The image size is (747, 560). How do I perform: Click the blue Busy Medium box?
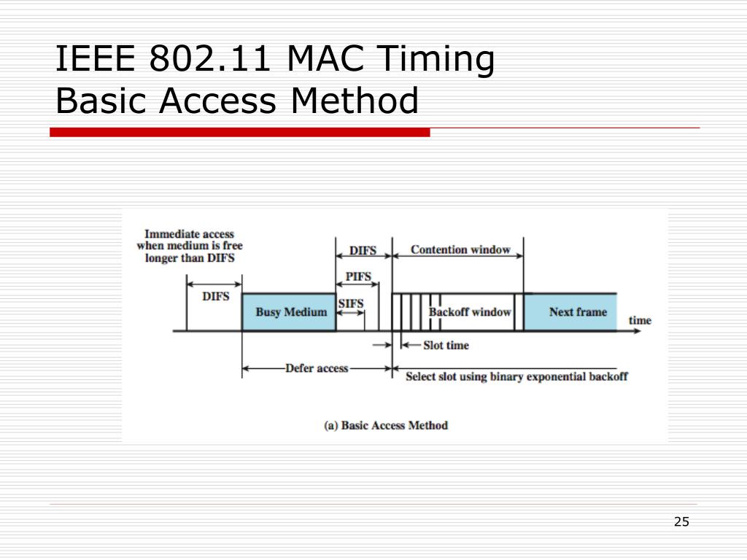pos(289,312)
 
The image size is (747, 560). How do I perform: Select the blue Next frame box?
pos(570,312)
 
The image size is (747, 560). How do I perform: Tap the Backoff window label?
pos(471,312)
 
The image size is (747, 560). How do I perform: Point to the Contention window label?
pos(460,249)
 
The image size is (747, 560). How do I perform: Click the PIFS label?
pos(357,276)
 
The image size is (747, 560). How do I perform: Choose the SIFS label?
pos(351,303)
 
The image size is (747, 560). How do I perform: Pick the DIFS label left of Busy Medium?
pos(215,296)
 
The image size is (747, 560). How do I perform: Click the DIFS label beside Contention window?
pos(363,250)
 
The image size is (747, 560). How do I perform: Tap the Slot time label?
pos(446,345)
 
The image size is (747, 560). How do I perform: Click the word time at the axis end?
pos(640,320)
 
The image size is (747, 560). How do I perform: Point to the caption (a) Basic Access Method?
pos(386,424)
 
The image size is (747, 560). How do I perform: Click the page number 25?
pos(681,521)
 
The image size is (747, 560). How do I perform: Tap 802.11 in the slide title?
pos(212,61)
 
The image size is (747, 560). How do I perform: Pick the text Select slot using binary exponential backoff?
pos(516,377)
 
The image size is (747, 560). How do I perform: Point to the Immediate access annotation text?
pos(190,246)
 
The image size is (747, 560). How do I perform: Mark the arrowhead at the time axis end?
pos(640,331)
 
